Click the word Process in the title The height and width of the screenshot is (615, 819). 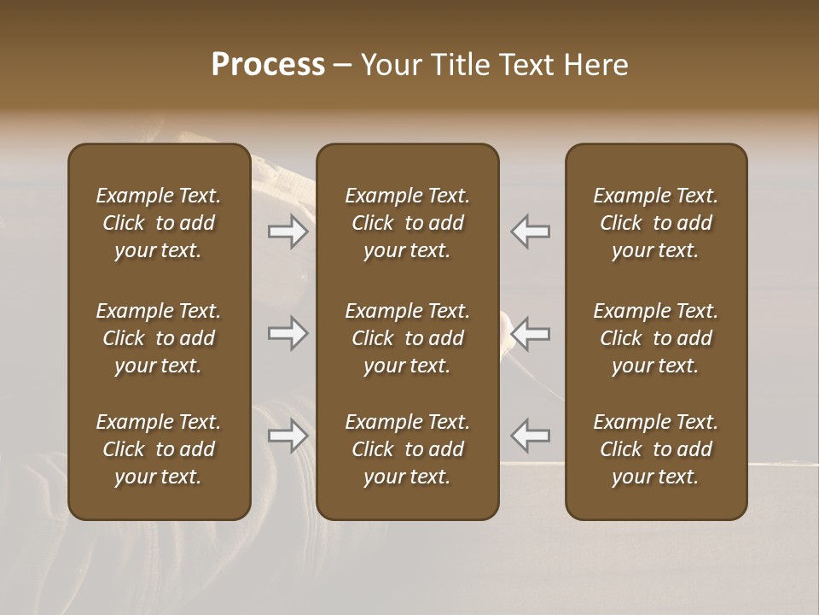tap(268, 65)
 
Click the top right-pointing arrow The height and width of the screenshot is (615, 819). tap(288, 231)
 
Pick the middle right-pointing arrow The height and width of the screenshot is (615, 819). tap(288, 333)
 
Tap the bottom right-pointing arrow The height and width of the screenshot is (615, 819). tap(288, 436)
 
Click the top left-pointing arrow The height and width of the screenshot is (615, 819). tap(531, 231)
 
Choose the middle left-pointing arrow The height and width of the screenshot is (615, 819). tap(531, 333)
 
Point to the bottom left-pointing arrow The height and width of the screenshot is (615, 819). tap(531, 436)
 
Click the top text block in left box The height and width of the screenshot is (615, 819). tap(159, 223)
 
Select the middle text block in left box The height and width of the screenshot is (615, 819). tap(159, 338)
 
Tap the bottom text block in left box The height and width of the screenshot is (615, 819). tap(159, 449)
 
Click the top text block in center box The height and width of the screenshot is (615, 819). tap(408, 223)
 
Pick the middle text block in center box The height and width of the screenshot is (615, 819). tap(408, 338)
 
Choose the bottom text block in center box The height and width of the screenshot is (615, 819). tap(408, 449)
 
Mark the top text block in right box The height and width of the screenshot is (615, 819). tap(656, 223)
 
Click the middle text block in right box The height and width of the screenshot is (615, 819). tap(656, 338)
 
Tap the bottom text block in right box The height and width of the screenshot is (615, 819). tap(656, 449)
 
